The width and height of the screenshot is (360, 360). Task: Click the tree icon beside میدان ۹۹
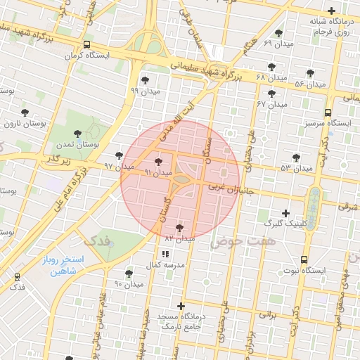[145, 80]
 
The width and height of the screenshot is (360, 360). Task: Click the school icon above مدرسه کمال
[165, 253]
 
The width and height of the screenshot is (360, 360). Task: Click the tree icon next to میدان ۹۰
[129, 274]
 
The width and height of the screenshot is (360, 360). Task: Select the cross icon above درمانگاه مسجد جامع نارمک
[181, 306]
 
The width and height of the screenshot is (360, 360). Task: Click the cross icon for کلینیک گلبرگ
[285, 213]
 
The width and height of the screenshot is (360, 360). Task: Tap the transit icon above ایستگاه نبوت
[304, 259]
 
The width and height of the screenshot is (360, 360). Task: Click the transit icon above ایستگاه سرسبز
[328, 112]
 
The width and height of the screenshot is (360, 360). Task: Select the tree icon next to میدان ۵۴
[311, 73]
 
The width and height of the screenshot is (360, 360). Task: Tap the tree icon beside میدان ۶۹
[279, 33]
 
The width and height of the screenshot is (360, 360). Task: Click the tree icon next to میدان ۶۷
[272, 94]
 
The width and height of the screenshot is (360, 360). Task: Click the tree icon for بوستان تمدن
[78, 133]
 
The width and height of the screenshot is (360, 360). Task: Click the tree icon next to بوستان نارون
[25, 112]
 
